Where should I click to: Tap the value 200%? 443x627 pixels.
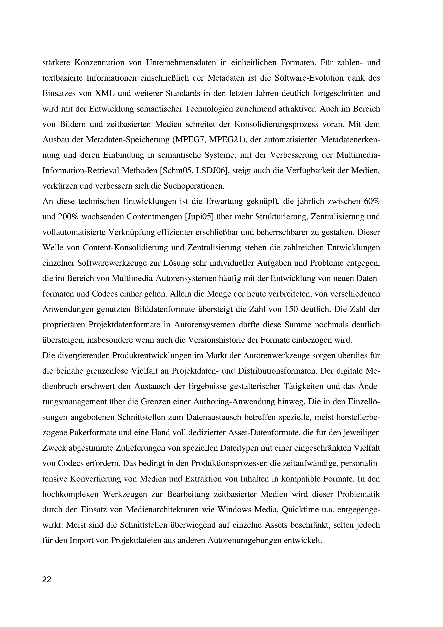(x=68, y=217)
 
